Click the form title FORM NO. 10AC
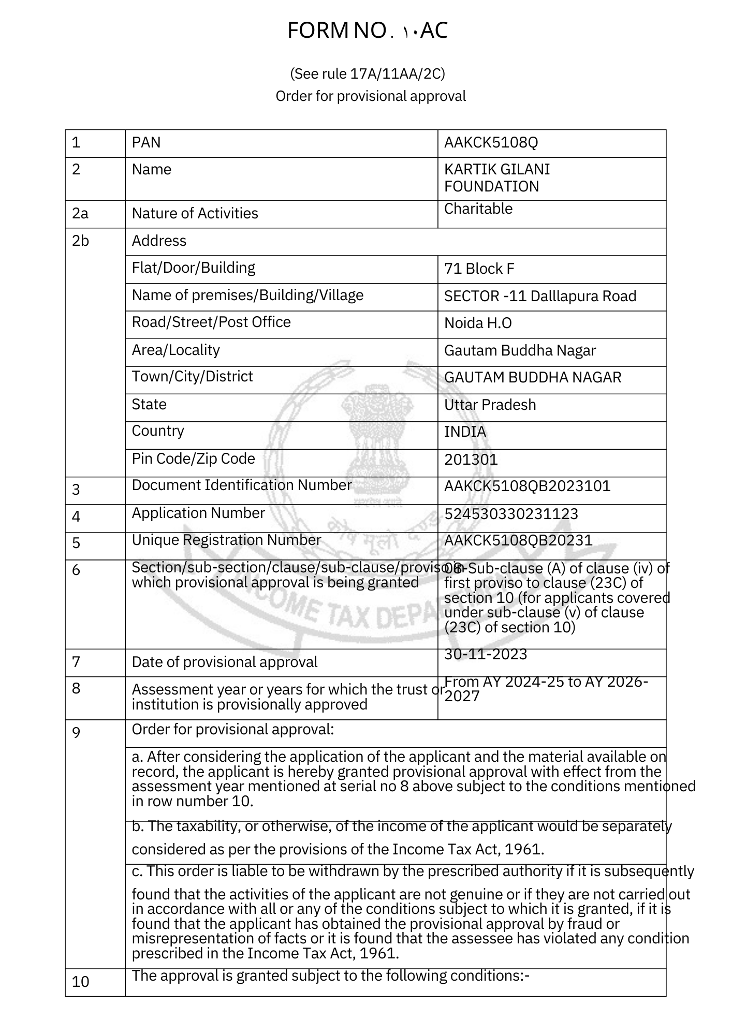367,31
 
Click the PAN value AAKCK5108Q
491,143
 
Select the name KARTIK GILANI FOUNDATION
496,178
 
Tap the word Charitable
478,209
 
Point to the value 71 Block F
479,269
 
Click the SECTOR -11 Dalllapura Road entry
540,297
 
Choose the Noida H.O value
478,324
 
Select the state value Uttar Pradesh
490,405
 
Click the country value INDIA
465,432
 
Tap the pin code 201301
471,460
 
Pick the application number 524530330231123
511,514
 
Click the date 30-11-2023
486,655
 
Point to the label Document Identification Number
242,485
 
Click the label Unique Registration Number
226,540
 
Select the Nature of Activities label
195,214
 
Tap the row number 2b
80,241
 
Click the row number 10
80,982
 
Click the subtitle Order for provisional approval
371,97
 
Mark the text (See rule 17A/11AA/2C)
367,75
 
